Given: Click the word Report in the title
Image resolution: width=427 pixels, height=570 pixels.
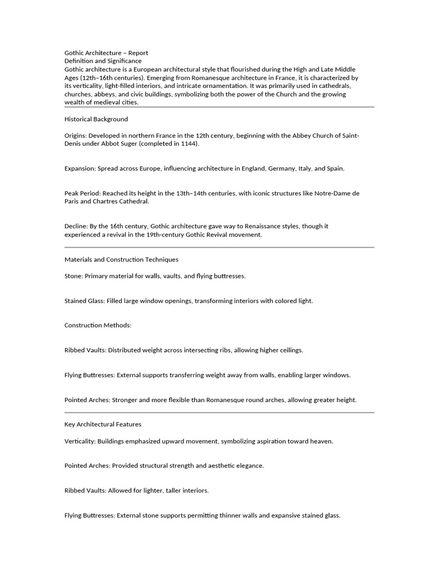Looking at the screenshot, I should pos(137,53).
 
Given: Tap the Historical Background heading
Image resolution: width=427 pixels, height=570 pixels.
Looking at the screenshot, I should pos(96,119).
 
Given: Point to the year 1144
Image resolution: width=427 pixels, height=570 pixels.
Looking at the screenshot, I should pos(187,144).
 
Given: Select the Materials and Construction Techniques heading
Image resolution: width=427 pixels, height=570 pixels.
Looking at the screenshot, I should pos(121,259).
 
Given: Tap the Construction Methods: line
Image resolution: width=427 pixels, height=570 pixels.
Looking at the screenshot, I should pos(98,325).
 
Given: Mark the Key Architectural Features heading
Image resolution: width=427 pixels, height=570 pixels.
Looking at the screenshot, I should pos(103,424).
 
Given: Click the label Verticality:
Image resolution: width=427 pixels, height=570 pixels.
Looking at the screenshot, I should pos(80,441).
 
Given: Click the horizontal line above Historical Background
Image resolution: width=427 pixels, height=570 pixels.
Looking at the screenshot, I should pos(220,107).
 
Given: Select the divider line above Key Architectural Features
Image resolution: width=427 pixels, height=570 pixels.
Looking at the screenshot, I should pos(220,412).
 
